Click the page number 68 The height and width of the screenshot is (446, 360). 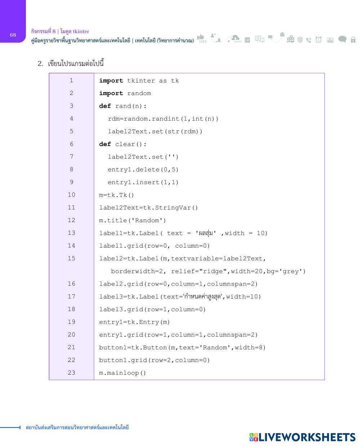coord(13,35)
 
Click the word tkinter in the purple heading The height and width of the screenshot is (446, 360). coord(81,31)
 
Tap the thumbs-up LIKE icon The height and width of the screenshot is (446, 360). coord(201,38)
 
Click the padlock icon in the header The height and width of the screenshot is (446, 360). coord(353,40)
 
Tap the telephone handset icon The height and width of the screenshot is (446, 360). coord(309,40)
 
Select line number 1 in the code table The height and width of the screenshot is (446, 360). coord(71,80)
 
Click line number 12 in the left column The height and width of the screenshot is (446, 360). coord(71,220)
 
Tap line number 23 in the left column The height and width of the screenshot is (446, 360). coord(71,373)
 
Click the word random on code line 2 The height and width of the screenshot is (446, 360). coord(139,93)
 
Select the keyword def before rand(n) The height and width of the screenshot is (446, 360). coord(105,106)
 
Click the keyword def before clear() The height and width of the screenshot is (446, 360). coord(105,144)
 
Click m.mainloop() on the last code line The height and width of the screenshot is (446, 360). coord(123,373)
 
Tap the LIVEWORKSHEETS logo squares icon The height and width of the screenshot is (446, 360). coord(254,437)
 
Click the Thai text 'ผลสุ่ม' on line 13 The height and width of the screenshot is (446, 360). coord(206,233)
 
